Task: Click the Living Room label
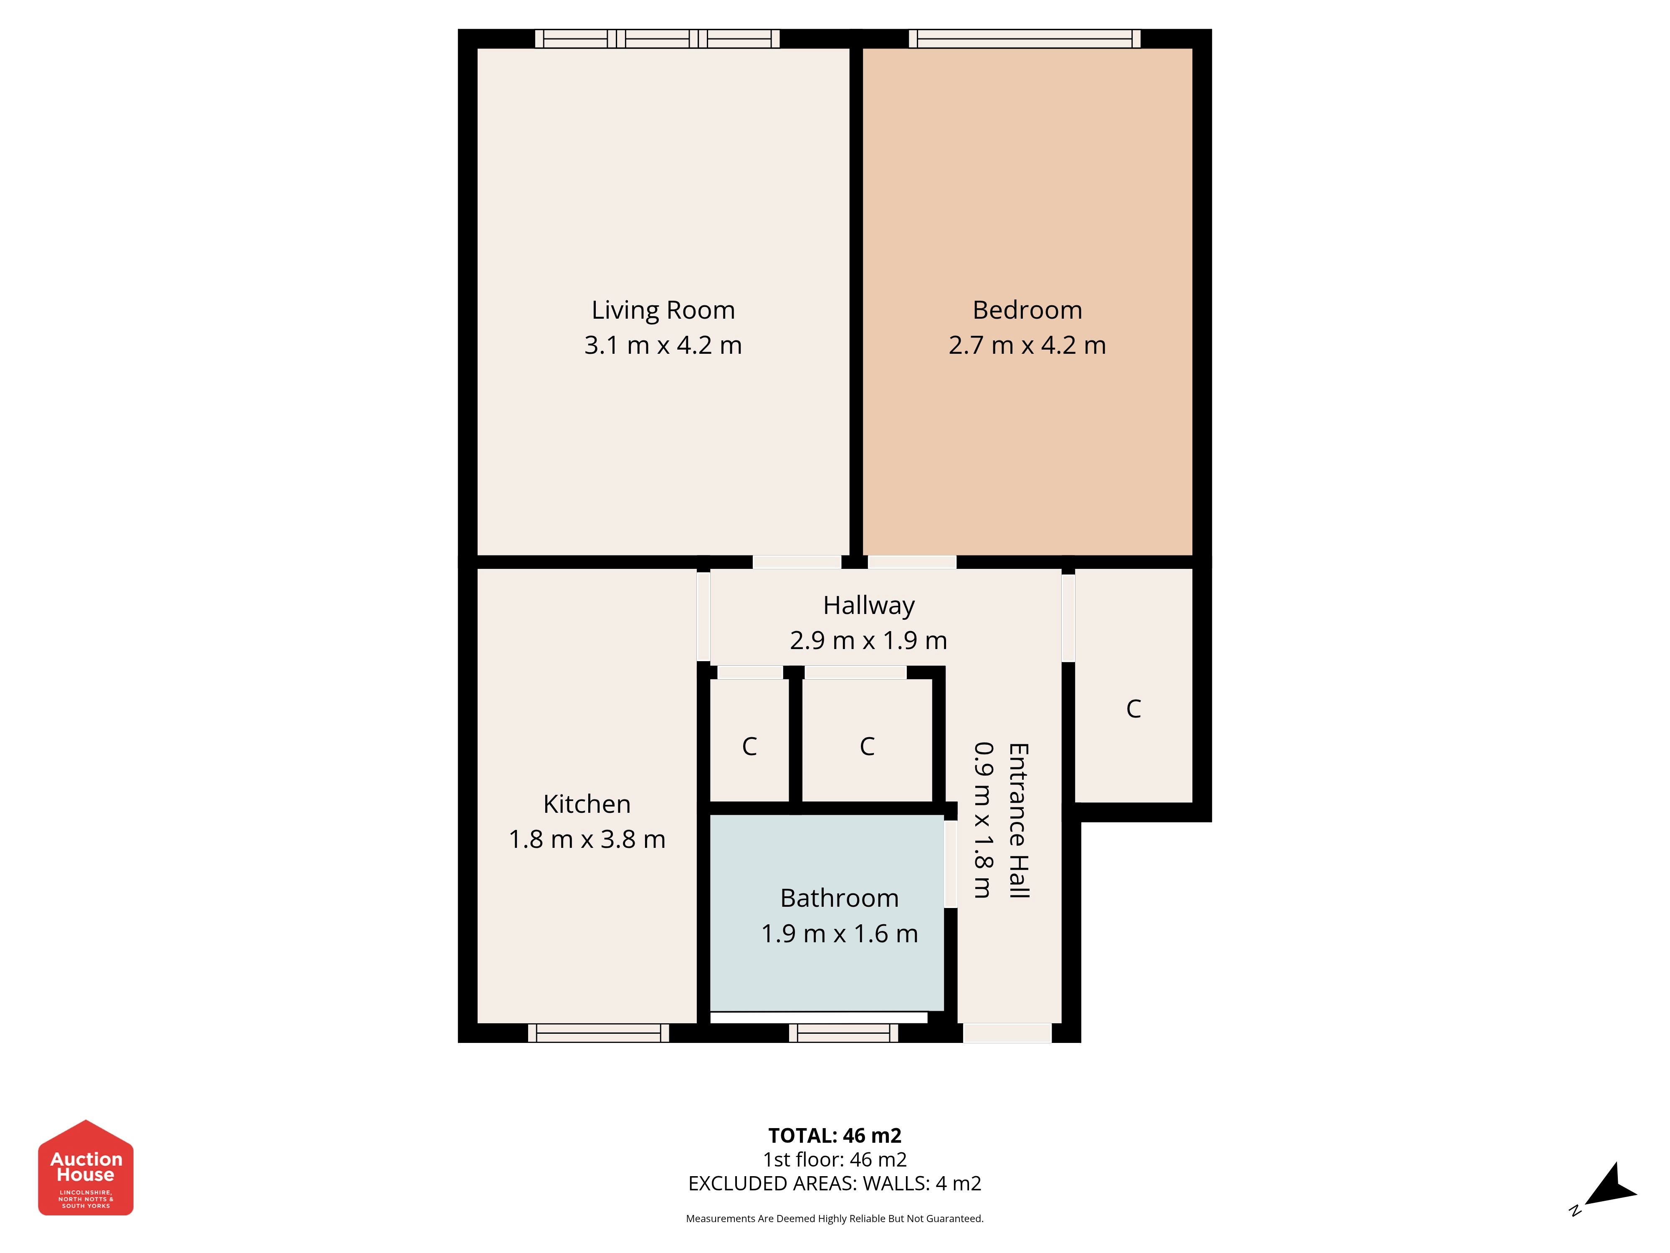663,310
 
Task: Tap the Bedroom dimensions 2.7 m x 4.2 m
1027,345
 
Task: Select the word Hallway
868,606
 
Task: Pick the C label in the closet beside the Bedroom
1133,708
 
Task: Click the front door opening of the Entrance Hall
1007,1033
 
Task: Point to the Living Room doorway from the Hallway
797,562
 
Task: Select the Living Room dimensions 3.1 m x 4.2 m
663,345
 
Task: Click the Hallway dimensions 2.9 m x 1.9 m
868,640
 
